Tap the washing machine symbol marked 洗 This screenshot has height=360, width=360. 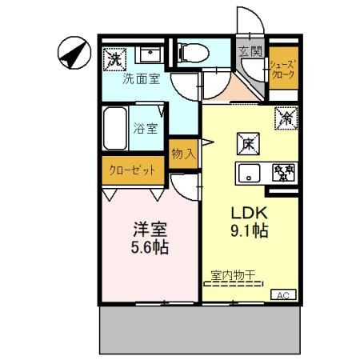(114, 58)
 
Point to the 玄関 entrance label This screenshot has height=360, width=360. (250, 51)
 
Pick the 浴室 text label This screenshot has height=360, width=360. (146, 126)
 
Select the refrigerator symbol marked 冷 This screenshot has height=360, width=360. (286, 117)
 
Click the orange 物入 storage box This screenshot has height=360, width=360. (184, 153)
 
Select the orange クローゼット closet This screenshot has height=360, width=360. (133, 170)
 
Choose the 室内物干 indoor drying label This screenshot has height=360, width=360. (233, 276)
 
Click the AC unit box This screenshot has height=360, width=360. (282, 294)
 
